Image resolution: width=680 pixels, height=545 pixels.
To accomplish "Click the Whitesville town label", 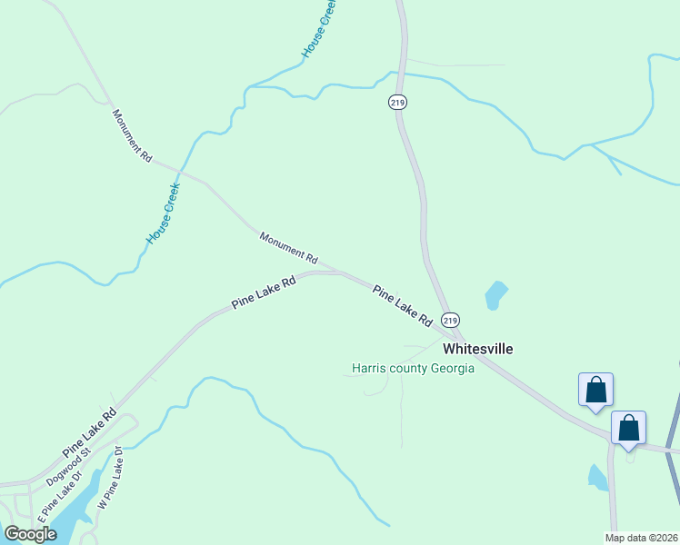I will pyautogui.click(x=477, y=349).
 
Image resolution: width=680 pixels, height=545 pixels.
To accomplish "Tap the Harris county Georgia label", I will pyautogui.click(x=414, y=369).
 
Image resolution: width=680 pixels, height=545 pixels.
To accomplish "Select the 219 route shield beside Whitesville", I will pyautogui.click(x=451, y=320).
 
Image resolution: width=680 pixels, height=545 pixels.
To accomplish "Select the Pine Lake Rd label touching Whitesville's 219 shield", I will pyautogui.click(x=402, y=305).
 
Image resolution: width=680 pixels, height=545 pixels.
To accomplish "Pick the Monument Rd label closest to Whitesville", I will pyautogui.click(x=287, y=248).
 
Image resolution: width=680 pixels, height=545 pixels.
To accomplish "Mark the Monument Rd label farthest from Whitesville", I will pyautogui.click(x=132, y=135).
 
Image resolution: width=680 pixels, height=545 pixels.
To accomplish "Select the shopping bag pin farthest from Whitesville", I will pyautogui.click(x=629, y=427).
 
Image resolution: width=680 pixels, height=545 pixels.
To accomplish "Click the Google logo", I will pyautogui.click(x=30, y=534).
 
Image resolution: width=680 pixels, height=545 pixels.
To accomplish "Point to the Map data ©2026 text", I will pyautogui.click(x=641, y=538).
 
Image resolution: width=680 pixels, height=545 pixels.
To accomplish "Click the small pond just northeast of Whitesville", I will pyautogui.click(x=495, y=294).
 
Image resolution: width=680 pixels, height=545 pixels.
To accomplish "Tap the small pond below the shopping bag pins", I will pyautogui.click(x=597, y=477).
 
